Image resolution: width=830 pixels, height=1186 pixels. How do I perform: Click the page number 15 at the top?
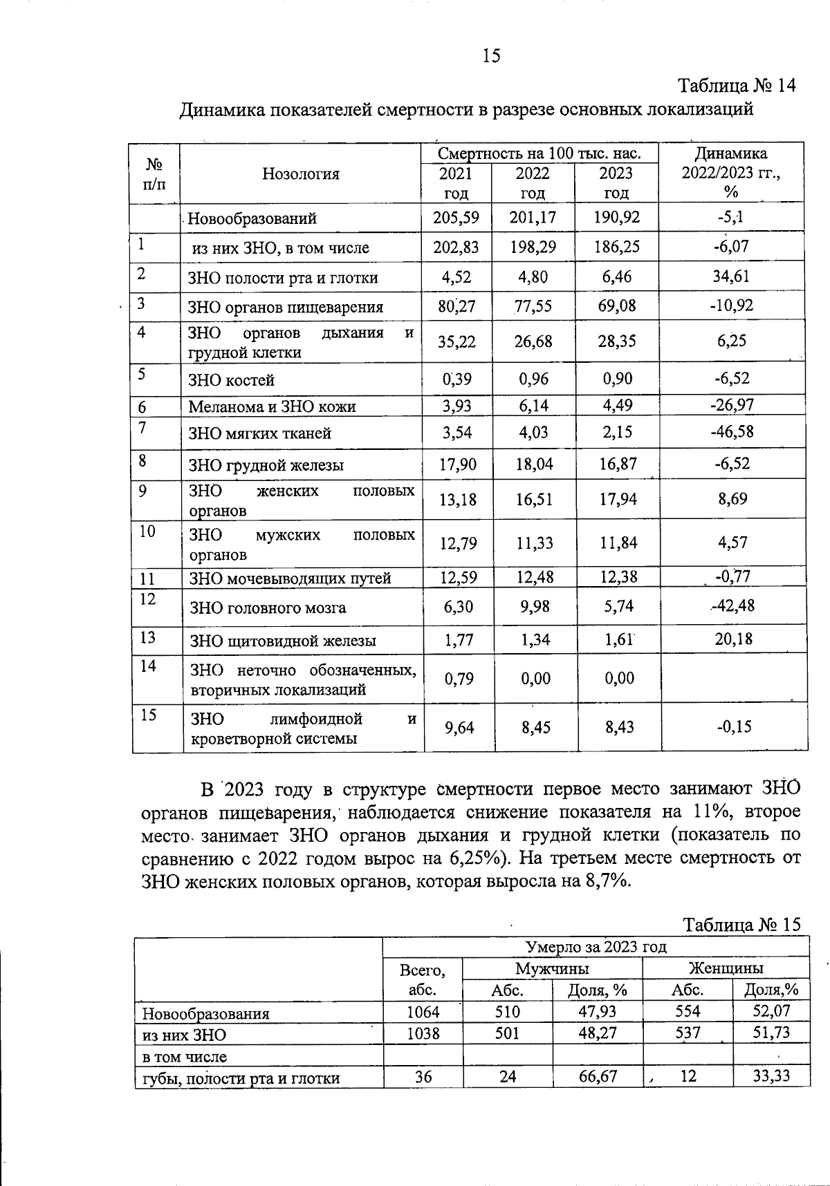point(491,56)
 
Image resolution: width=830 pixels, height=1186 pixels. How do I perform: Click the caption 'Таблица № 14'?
point(737,86)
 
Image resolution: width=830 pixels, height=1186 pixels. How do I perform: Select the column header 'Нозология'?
point(301,174)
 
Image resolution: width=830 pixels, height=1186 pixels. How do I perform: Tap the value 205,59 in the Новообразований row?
point(456,218)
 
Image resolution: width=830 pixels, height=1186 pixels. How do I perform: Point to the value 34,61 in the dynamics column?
point(732,276)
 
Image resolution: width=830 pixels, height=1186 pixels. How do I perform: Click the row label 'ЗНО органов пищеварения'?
point(286,307)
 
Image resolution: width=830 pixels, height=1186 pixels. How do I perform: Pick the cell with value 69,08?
point(616,305)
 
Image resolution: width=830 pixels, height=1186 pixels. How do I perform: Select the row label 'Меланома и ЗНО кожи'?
point(273,406)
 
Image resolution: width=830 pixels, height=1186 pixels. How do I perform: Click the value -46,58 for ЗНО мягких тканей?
point(732,432)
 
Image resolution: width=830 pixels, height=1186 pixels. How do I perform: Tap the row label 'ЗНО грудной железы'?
point(266,465)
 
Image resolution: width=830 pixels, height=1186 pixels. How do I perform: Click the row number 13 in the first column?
point(147,637)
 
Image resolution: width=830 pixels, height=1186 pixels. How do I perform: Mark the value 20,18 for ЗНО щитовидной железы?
point(733,639)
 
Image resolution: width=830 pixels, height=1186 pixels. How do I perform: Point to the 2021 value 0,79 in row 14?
point(459,679)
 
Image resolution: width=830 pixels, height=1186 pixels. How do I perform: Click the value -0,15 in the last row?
point(734,726)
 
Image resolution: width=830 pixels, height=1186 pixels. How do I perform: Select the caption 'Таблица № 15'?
point(741,925)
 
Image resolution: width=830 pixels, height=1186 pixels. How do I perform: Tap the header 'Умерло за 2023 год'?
point(596,947)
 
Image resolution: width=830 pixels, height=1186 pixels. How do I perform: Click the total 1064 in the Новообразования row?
point(423,1012)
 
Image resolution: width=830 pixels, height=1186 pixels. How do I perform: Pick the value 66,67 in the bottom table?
point(598,1076)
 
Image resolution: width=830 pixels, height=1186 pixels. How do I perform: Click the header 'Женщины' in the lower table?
point(726,968)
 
